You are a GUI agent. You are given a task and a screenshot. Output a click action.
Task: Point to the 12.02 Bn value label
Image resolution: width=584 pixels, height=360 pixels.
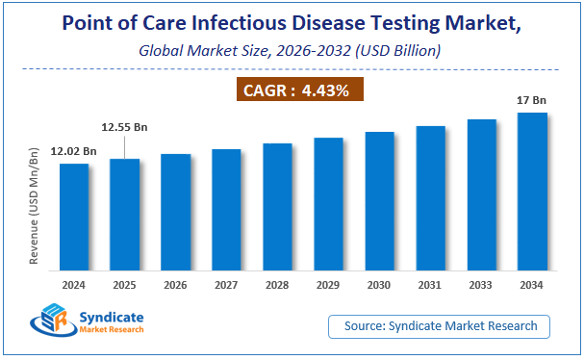pos(72,151)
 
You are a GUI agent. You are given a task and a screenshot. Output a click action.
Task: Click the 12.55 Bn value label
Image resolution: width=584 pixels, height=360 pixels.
pos(125,126)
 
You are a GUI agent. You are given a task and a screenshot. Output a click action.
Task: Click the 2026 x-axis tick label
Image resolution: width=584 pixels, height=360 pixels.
pos(175,286)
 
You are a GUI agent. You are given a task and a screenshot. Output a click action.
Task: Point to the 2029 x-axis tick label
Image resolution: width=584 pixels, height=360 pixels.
pos(328,286)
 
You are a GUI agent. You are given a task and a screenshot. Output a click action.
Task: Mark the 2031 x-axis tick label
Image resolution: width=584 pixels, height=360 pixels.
pos(430,286)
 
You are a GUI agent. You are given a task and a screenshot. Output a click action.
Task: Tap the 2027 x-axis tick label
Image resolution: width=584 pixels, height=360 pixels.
pos(226,286)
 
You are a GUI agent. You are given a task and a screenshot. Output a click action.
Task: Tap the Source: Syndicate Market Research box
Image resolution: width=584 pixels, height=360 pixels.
pos(446,326)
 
